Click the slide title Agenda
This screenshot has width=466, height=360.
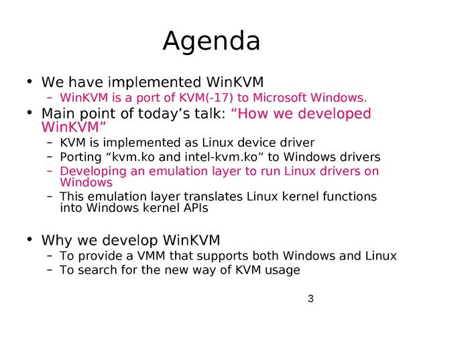(211, 42)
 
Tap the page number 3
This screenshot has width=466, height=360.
(310, 298)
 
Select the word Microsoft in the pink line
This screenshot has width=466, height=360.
(280, 97)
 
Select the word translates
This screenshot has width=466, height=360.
(213, 196)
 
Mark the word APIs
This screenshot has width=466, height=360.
(196, 208)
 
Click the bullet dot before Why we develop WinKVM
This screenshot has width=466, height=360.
(29, 239)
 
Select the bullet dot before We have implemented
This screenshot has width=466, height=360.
(29, 81)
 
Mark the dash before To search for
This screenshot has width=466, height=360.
(50, 270)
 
